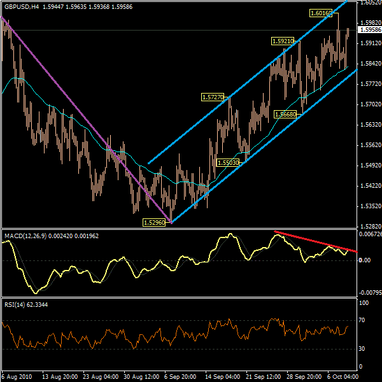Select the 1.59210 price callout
(x=283, y=41)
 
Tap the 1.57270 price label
(x=212, y=97)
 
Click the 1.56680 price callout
(x=285, y=114)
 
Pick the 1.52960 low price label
(x=154, y=222)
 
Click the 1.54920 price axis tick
(x=369, y=165)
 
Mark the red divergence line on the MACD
(x=315, y=243)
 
